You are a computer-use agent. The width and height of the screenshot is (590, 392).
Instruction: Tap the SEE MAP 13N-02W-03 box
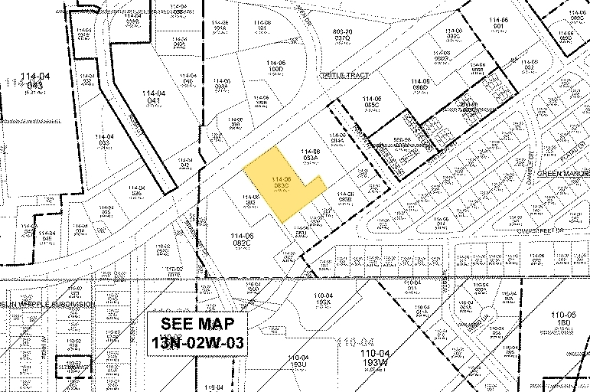198,333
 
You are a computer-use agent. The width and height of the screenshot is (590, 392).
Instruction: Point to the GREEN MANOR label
562,174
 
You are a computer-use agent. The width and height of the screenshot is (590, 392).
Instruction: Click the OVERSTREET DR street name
540,230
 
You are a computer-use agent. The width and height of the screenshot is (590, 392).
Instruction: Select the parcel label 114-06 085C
373,102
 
